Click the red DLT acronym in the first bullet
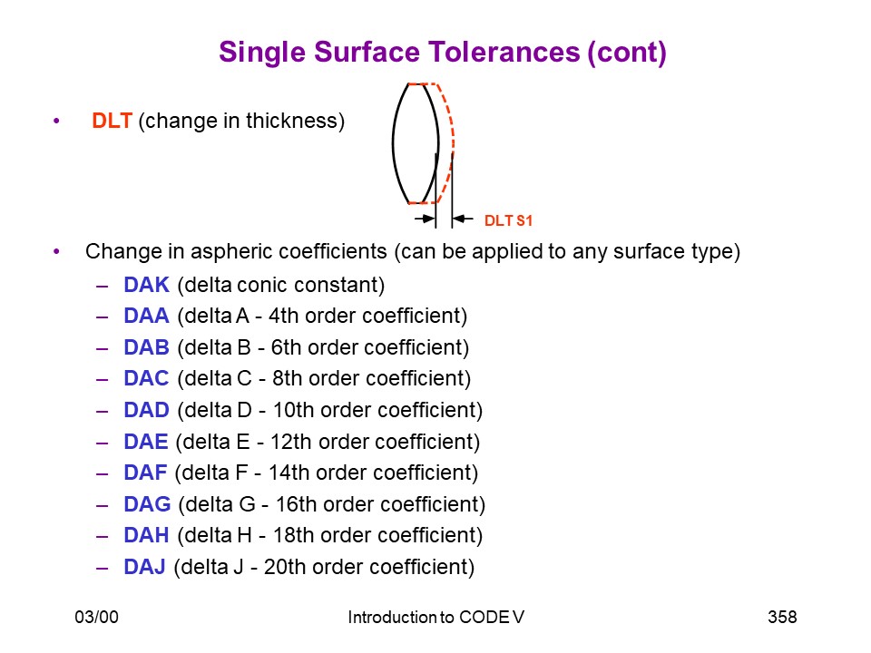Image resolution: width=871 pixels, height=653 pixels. point(112,121)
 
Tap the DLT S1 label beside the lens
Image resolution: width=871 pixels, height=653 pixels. point(508,220)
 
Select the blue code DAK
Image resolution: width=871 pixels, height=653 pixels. point(146,284)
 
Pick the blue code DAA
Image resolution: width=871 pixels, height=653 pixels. point(146,316)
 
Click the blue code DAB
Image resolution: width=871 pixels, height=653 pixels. point(146,347)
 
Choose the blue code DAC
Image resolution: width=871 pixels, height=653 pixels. point(146,378)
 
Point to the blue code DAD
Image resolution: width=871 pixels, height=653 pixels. point(146,410)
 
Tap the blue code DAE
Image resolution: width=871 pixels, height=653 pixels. point(145,442)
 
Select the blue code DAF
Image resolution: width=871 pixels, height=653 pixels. point(145,473)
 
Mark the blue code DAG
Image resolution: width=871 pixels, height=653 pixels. point(147,504)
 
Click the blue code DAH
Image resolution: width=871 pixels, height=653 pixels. point(146,535)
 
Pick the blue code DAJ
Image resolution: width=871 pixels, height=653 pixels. point(144,567)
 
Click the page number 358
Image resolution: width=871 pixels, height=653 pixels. point(782,617)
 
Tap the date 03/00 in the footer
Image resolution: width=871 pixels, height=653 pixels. point(97,617)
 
